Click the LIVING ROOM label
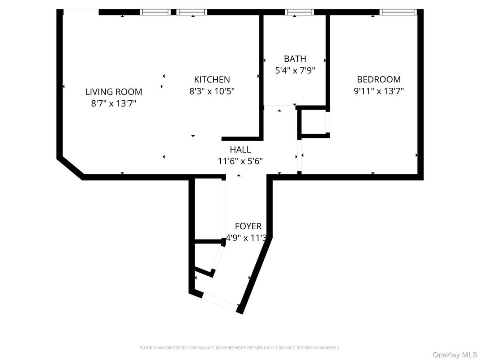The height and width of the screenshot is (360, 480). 114,92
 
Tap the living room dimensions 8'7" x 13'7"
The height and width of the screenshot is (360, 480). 114,103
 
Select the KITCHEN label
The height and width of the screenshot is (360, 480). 212,80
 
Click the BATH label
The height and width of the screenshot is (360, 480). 295,59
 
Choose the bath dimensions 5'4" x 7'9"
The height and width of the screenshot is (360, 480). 295,70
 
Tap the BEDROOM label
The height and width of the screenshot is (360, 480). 378,80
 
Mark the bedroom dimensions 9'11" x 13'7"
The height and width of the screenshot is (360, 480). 378,91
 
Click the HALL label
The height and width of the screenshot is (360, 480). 240,150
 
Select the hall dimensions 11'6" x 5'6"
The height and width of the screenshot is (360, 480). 240,161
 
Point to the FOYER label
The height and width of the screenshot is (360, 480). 248,227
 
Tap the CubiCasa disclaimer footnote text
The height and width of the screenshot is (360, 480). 240,347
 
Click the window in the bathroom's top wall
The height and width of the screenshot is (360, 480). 299,12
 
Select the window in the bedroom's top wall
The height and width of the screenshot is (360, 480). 398,12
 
